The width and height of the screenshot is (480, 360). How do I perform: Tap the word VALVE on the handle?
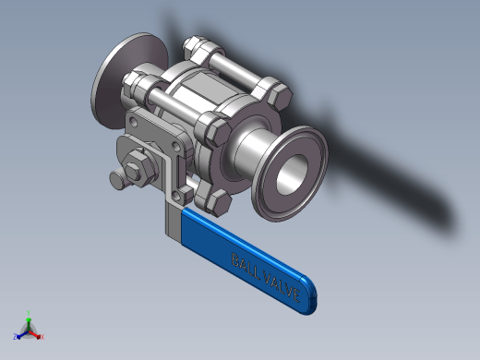coord(282,287)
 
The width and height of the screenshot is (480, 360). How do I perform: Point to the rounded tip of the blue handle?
coord(309,294)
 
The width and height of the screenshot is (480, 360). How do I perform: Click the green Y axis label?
coord(29,313)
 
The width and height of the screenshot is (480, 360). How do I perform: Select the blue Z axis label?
coord(15,336)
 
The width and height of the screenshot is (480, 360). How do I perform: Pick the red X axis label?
coord(42,337)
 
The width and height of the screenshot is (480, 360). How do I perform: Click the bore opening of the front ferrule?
coord(292,174)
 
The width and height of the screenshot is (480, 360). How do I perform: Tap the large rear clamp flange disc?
coord(126,80)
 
